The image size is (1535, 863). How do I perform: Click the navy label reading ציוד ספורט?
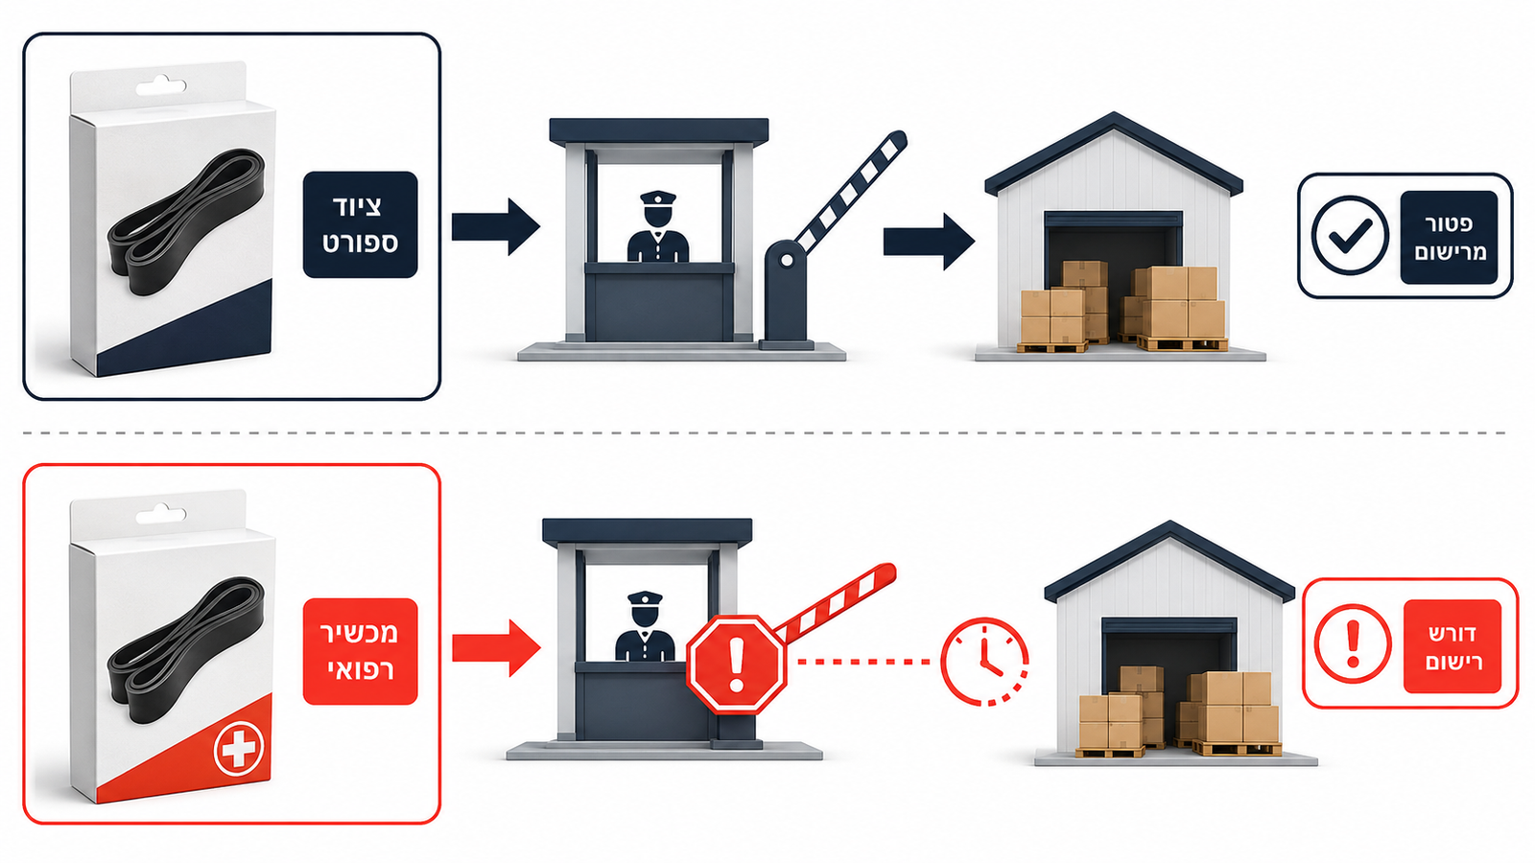pyautogui.click(x=360, y=224)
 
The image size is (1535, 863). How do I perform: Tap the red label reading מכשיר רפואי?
pyautogui.click(x=360, y=651)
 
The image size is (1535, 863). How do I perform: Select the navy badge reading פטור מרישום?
pyautogui.click(x=1448, y=237)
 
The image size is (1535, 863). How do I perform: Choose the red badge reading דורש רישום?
pyautogui.click(x=1452, y=646)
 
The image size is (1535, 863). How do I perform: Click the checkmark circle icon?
pyautogui.click(x=1349, y=236)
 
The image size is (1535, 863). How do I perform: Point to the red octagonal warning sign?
pyautogui.click(x=737, y=665)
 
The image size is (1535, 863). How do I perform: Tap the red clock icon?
pyautogui.click(x=984, y=662)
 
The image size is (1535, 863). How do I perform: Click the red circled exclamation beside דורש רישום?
pyautogui.click(x=1352, y=643)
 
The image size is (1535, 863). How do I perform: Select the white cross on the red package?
pyautogui.click(x=239, y=750)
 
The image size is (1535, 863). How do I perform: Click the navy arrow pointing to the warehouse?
pyautogui.click(x=929, y=242)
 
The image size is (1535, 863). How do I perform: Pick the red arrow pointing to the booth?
pyautogui.click(x=496, y=648)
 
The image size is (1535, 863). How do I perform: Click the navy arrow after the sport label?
pyautogui.click(x=495, y=226)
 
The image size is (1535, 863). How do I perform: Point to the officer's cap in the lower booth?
pyautogui.click(x=645, y=598)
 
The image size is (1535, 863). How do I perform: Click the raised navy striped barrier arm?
pyautogui.click(x=850, y=191)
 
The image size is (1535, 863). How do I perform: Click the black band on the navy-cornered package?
pyautogui.click(x=186, y=222)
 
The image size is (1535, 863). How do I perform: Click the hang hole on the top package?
pyautogui.click(x=161, y=85)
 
